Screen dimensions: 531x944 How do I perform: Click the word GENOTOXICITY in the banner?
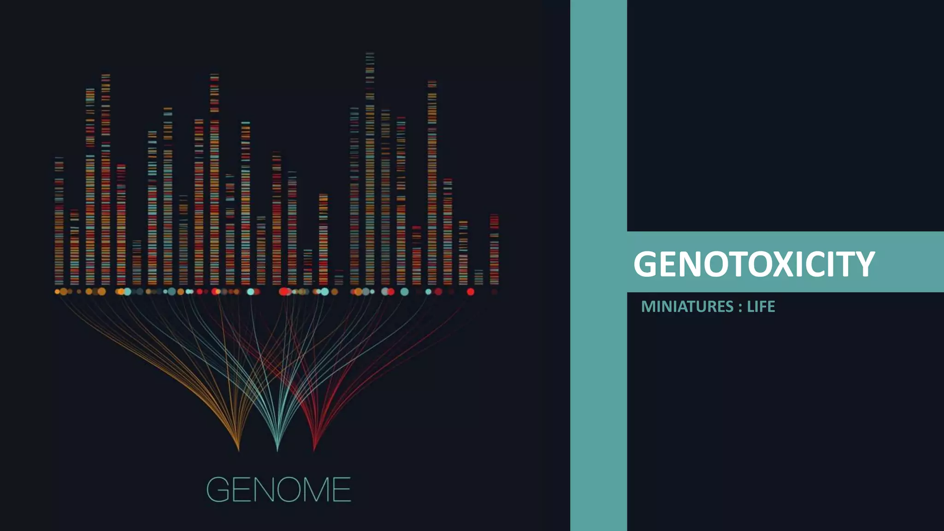754,264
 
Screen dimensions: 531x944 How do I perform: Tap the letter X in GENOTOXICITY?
771,264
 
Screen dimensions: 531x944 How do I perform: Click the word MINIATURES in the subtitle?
687,307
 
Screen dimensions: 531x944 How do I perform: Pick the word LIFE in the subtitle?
761,307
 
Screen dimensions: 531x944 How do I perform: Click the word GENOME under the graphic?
278,490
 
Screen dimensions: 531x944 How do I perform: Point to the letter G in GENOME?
218,490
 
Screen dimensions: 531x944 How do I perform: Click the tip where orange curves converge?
238,449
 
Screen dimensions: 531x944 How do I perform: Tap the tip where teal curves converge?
277,450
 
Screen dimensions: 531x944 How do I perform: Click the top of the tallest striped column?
370,54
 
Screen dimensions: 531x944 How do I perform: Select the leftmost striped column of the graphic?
59,221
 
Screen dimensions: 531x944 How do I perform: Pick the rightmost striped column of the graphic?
494,249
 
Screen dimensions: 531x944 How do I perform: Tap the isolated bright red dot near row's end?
470,292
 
